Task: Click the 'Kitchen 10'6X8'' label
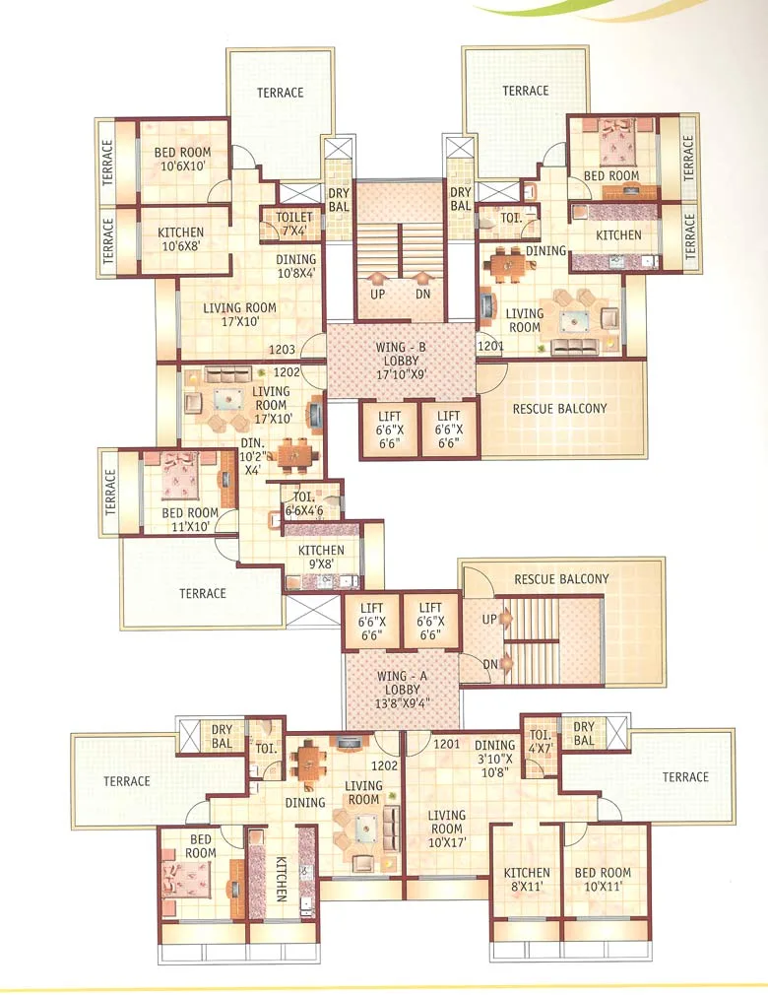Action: tap(180, 239)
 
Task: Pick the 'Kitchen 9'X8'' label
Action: tap(321, 558)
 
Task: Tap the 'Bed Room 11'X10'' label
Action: tap(189, 520)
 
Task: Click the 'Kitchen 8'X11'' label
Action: tap(527, 880)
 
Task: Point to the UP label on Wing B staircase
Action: tap(377, 294)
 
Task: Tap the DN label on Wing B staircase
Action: tap(422, 294)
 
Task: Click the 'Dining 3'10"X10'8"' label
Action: tap(494, 760)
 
